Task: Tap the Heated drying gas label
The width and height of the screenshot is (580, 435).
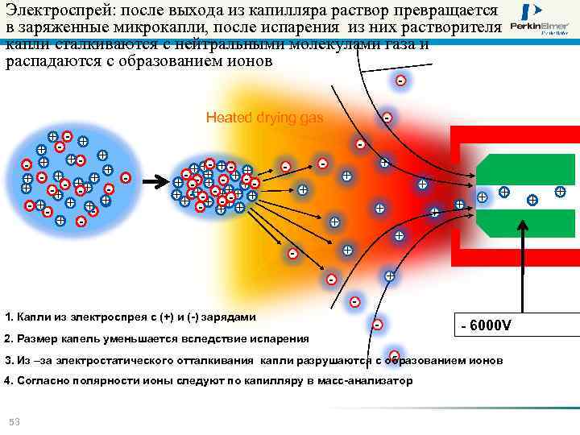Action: tap(264, 118)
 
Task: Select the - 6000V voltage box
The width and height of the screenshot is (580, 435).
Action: tap(485, 325)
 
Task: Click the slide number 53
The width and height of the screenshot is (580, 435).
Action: tap(14, 422)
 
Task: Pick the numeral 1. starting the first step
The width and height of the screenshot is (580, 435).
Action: tap(9, 317)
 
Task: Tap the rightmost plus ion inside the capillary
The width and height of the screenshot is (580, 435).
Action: tap(560, 192)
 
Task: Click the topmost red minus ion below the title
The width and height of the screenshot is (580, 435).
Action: tap(400, 81)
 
